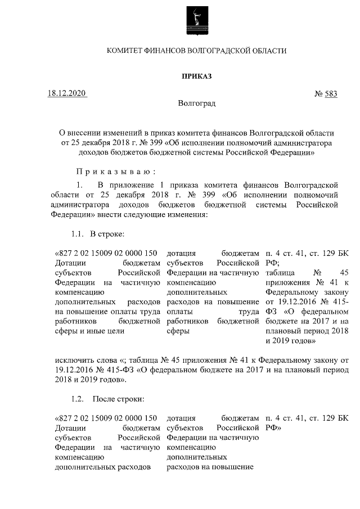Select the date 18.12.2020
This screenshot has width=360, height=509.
point(67,93)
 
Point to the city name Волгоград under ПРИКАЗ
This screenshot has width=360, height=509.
point(196,103)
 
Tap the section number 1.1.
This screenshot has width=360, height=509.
point(77,233)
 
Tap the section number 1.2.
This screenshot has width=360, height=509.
point(77,399)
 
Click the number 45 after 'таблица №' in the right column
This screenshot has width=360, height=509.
point(344,272)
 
